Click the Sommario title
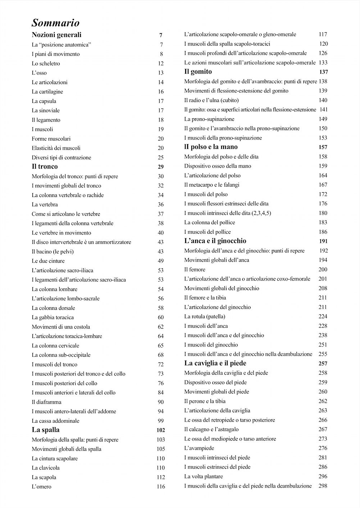[55, 23]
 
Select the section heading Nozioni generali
[56, 35]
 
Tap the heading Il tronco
[45, 166]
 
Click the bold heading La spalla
[46, 430]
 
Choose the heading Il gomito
[198, 72]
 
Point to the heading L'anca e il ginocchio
[215, 241]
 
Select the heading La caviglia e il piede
[215, 363]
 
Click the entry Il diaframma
[46, 402]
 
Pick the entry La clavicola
[46, 468]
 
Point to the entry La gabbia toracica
[53, 317]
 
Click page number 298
[323, 486]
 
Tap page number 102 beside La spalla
[160, 430]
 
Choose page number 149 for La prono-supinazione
[323, 119]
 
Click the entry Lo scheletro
[46, 64]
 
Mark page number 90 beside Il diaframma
[160, 402]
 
